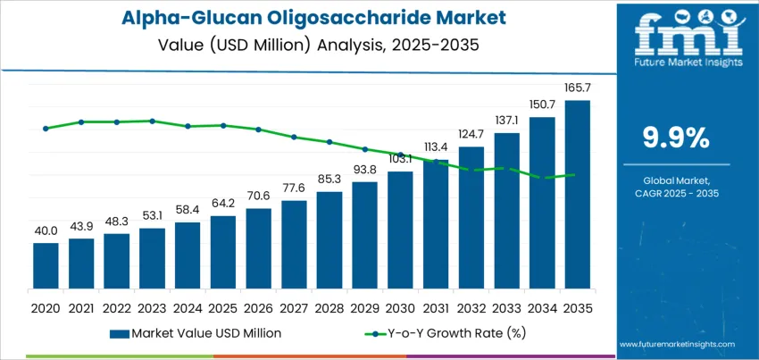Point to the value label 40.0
tap(46, 230)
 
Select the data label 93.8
tap(364, 170)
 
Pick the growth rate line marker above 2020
tap(46, 129)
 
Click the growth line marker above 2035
tap(571, 175)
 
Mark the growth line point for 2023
tap(152, 121)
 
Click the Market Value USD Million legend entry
tap(196, 333)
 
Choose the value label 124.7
tap(471, 134)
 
